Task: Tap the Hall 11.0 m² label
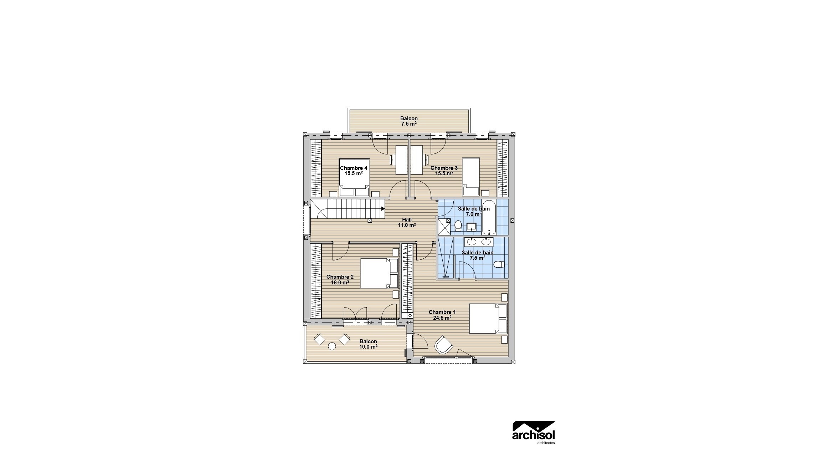click(x=407, y=222)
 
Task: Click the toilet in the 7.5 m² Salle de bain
click(x=499, y=264)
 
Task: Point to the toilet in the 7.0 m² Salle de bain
click(x=458, y=225)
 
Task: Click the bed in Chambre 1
click(x=487, y=319)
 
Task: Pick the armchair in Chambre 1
click(x=443, y=345)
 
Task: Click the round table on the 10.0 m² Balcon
click(x=82, y=346)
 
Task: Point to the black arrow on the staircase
click(x=383, y=209)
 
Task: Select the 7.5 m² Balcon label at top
click(x=409, y=121)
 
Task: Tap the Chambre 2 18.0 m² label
click(x=340, y=279)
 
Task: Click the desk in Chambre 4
click(x=401, y=159)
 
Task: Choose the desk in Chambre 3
click(x=417, y=159)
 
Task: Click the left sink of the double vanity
click(x=472, y=242)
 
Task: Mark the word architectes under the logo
click(x=546, y=443)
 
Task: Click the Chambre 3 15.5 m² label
click(x=444, y=171)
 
